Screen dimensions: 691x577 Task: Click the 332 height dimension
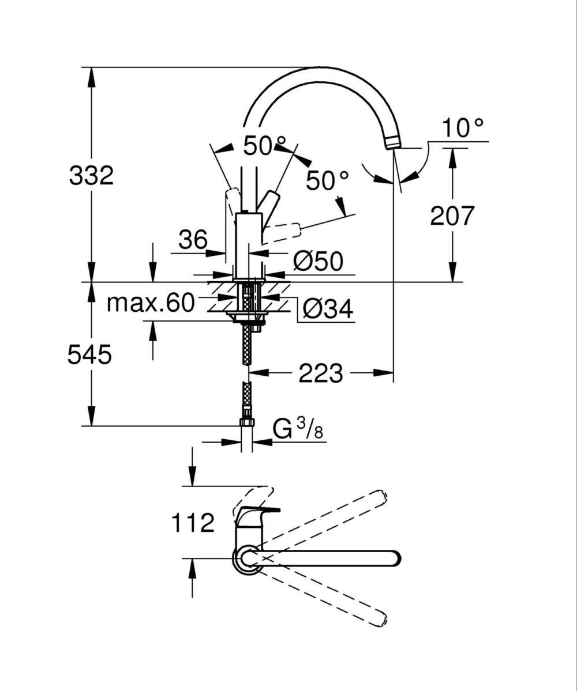[x=91, y=175]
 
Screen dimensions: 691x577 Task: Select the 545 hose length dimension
[x=89, y=355]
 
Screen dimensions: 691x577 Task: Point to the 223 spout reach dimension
[x=320, y=373]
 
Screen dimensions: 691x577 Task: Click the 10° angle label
[x=463, y=128]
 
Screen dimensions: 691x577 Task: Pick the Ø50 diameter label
[x=317, y=261]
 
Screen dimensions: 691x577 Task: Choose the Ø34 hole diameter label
[x=327, y=309]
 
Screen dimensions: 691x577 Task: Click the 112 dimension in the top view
[x=193, y=523]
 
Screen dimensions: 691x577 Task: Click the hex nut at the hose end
[x=247, y=422]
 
